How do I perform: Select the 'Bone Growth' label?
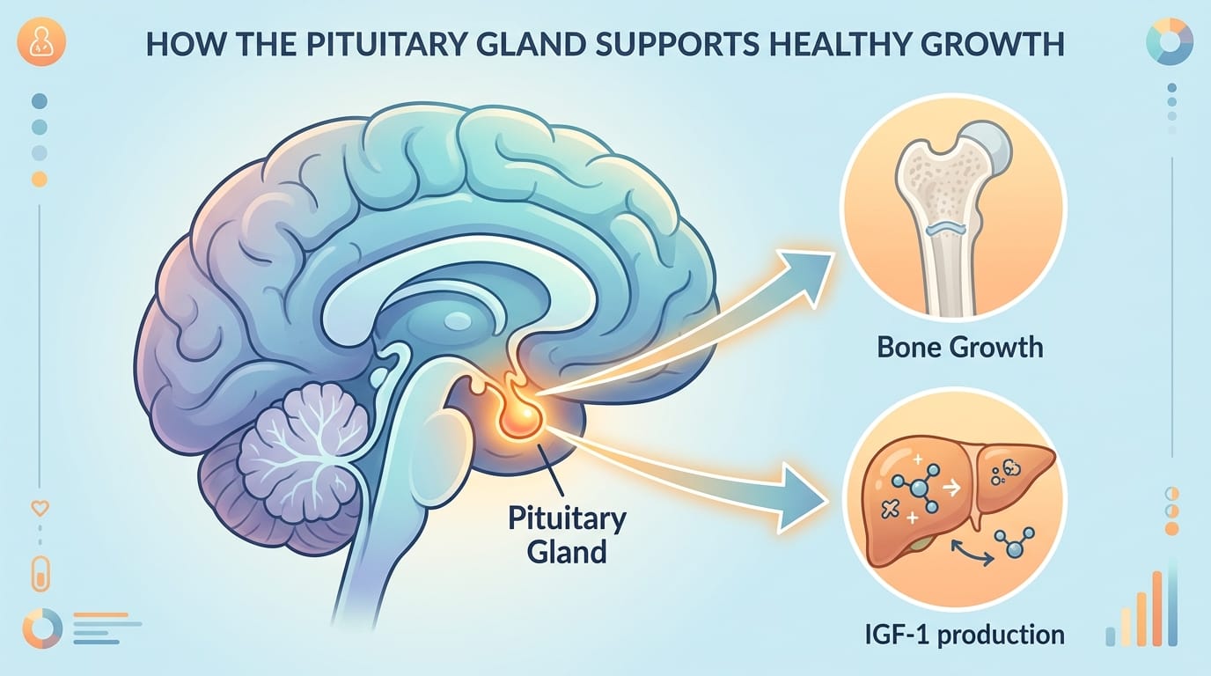pos(959,347)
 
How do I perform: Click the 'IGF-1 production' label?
pos(965,635)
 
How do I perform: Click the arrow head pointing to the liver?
pos(803,497)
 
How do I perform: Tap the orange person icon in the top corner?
pos(41,41)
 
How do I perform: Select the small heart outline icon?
pos(40,508)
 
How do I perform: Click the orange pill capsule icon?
pos(40,574)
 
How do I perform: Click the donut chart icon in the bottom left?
pos(42,628)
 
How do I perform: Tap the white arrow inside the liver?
pos(951,489)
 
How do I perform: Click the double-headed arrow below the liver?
pos(972,554)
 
